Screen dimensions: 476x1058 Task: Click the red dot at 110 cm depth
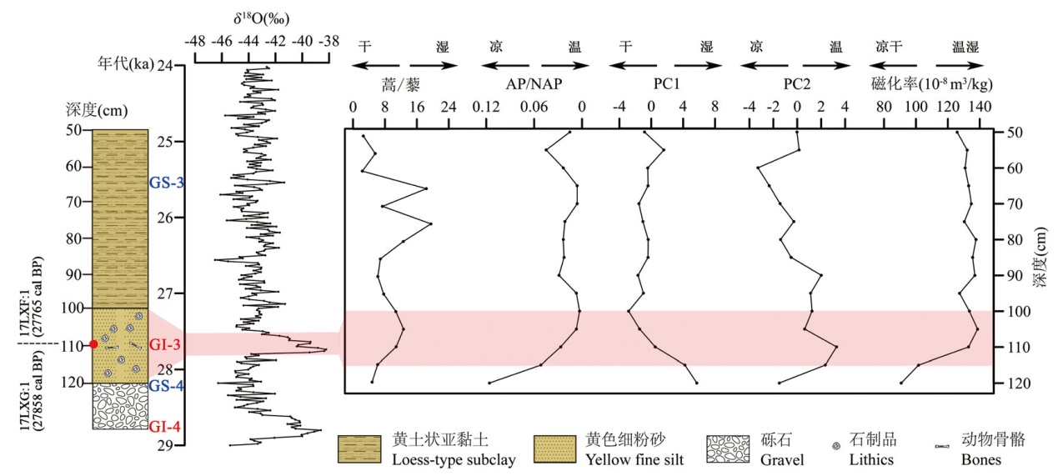coord(93,344)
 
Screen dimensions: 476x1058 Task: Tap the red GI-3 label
coord(163,343)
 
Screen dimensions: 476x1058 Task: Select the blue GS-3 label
coord(166,183)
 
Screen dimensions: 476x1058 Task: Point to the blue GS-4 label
coord(166,385)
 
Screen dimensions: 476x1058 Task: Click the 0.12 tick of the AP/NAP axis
coord(485,108)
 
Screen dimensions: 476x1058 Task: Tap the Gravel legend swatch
coord(728,448)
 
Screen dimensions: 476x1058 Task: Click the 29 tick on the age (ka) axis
coord(166,445)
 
